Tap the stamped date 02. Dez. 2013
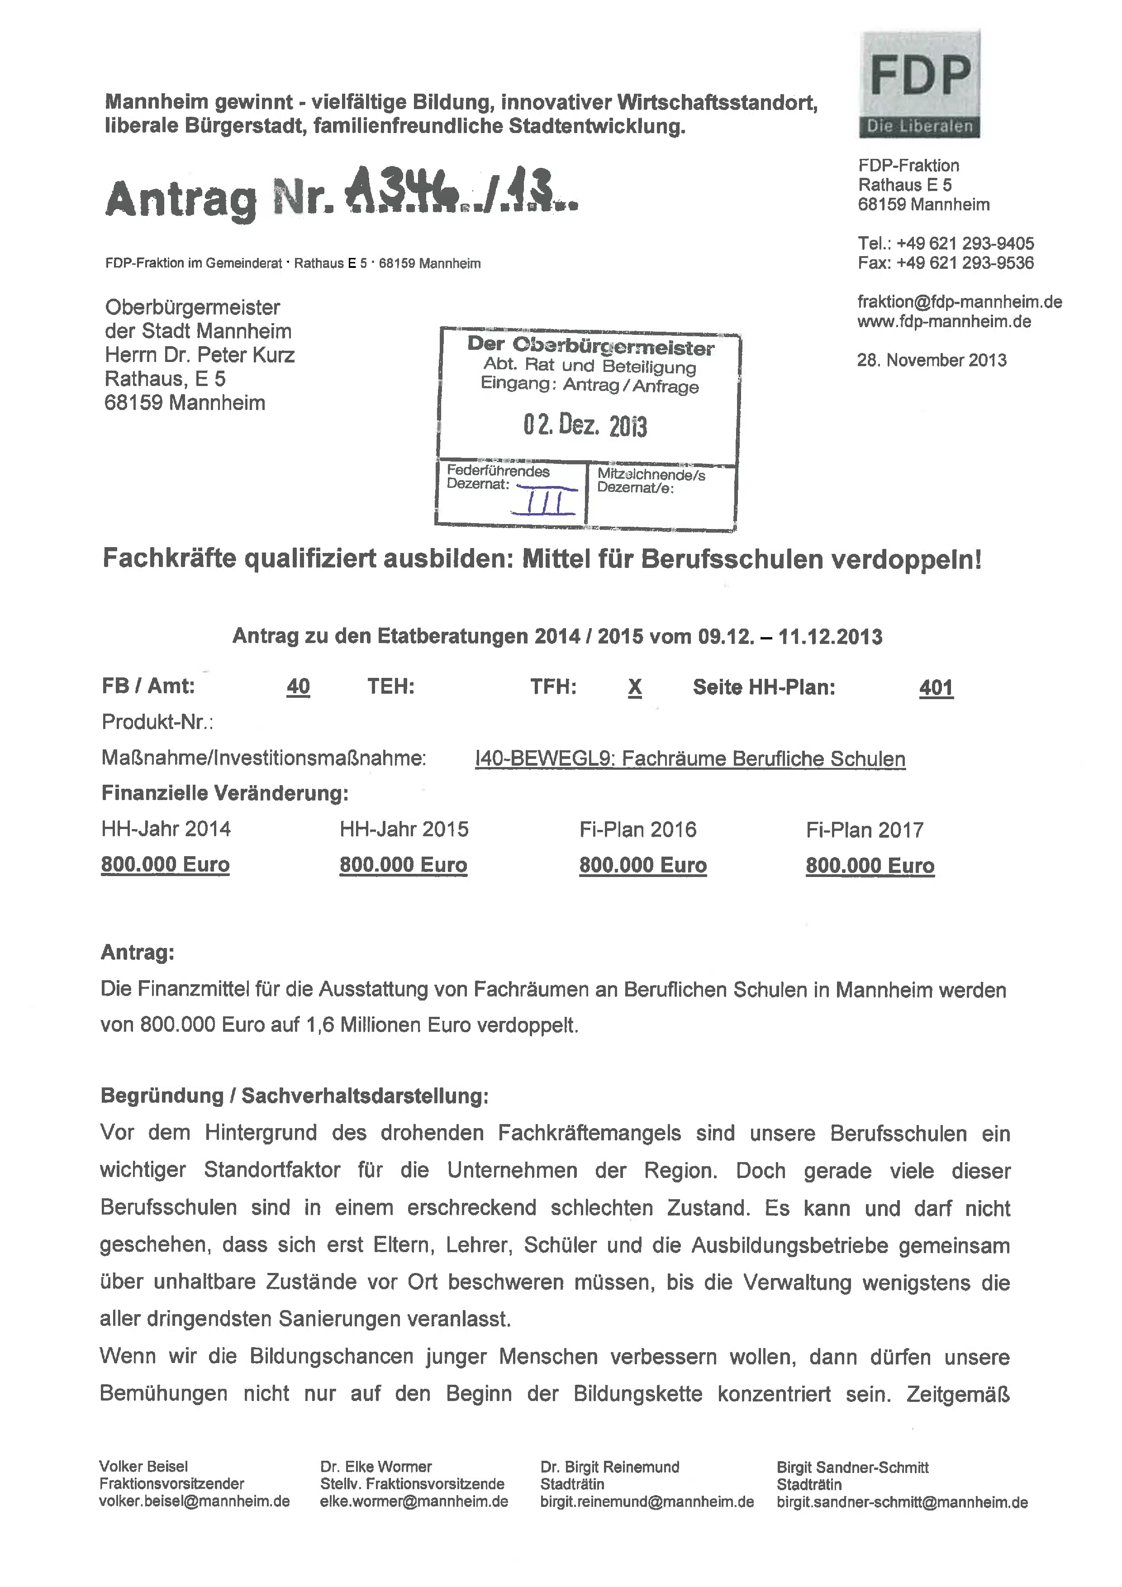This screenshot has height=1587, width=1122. click(585, 425)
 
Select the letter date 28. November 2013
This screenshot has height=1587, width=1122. click(932, 360)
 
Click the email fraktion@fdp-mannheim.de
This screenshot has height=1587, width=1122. click(959, 302)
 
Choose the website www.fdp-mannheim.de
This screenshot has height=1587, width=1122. click(944, 321)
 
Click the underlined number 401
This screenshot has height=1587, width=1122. click(936, 688)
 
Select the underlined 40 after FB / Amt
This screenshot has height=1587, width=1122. click(298, 686)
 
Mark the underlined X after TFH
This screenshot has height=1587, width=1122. click(634, 687)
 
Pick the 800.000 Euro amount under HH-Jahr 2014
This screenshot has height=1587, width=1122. click(165, 865)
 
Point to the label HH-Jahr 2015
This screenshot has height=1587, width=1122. click(404, 829)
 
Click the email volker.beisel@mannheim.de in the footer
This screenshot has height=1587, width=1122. click(194, 1502)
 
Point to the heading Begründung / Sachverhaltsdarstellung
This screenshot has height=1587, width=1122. click(295, 1096)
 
